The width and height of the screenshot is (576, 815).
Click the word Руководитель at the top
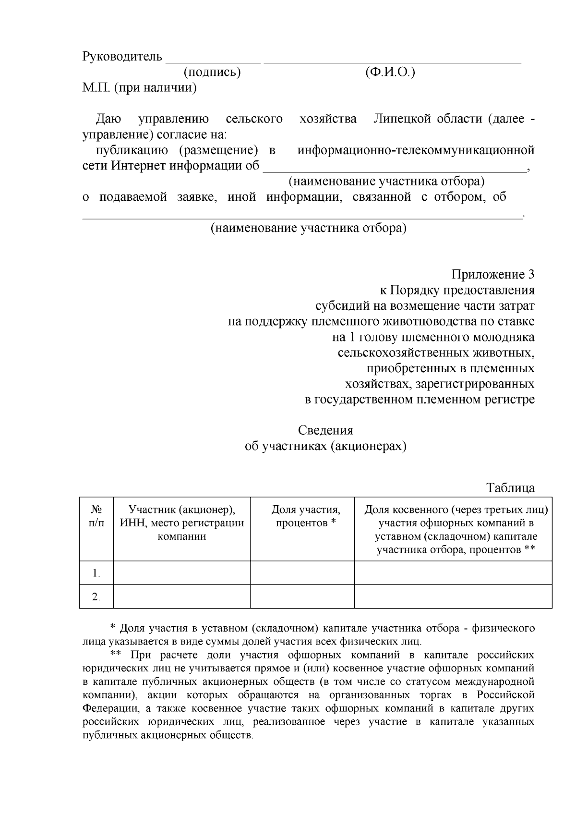click(122, 57)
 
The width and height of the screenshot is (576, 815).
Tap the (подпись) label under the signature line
click(212, 73)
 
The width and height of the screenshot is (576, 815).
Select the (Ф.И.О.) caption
click(390, 73)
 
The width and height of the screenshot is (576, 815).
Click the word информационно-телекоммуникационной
click(416, 150)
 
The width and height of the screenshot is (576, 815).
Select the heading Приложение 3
click(492, 275)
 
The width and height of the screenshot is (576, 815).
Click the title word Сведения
click(325, 430)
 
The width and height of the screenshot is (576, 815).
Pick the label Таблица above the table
click(510, 488)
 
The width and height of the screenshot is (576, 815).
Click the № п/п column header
click(96, 516)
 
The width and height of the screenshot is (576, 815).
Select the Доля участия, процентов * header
click(306, 516)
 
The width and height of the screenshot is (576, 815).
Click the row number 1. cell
click(96, 573)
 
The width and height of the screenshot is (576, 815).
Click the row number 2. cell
click(96, 597)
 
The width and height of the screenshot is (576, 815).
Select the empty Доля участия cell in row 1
click(302, 573)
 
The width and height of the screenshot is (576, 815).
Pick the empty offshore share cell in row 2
click(453, 597)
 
